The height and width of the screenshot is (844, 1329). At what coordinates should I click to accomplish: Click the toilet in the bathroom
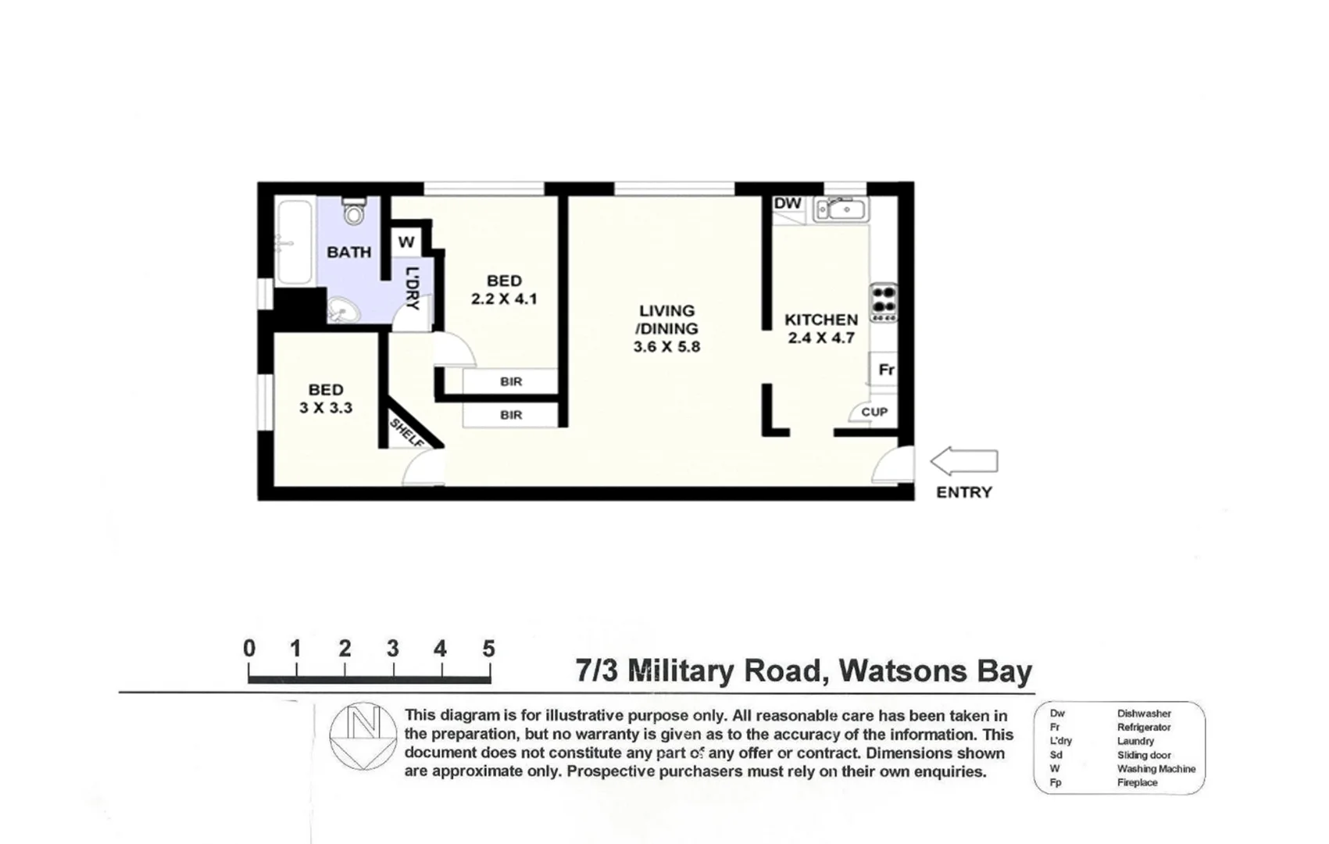click(355, 211)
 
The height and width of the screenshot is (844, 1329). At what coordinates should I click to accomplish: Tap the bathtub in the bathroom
click(295, 242)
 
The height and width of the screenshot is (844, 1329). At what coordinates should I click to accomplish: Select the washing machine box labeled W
click(405, 242)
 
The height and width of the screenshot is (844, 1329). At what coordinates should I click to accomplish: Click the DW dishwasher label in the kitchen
click(788, 204)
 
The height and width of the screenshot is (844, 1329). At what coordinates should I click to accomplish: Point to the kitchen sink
click(841, 209)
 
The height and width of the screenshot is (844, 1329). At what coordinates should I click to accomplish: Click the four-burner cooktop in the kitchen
click(884, 302)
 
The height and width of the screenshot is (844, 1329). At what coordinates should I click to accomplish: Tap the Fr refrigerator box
click(885, 370)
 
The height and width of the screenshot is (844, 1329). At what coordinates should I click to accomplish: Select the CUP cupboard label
click(873, 412)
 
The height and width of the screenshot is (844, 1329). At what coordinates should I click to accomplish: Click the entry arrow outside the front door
click(963, 461)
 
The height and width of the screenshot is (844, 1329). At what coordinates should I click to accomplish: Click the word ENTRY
click(963, 492)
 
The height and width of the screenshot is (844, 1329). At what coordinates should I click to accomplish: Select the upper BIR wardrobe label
click(511, 381)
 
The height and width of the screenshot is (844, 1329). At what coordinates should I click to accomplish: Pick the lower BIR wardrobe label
click(511, 415)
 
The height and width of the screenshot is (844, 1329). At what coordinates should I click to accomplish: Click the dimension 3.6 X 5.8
click(666, 346)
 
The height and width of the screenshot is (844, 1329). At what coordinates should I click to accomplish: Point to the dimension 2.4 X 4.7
click(820, 338)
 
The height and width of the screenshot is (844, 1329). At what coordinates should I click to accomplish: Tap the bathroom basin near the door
click(343, 310)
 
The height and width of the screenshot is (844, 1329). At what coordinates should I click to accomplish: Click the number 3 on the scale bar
click(392, 649)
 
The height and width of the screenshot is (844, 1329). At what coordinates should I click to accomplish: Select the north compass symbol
click(363, 735)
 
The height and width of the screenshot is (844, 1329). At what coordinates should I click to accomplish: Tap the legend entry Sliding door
click(1144, 755)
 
